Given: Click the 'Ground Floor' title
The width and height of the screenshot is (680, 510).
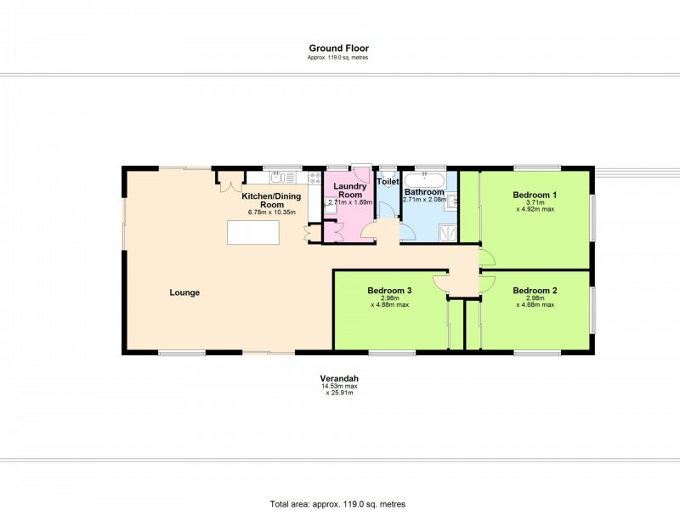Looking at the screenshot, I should coord(338,48).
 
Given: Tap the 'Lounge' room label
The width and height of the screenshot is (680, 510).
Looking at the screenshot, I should coord(184,292).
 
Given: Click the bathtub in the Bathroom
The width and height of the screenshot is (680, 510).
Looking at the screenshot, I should coord(424,179).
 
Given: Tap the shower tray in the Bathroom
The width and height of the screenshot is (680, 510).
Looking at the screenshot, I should coord(445,229).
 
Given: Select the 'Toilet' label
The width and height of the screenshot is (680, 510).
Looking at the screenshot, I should coord(388,182).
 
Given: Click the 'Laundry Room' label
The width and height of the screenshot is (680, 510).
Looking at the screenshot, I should coord(348,190).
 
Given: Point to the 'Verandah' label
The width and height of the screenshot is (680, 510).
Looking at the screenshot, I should coord(337,379).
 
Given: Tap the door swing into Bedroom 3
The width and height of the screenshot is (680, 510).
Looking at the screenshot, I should coord(440,282).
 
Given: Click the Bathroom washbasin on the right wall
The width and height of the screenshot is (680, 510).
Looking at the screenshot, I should coord(453,201).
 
